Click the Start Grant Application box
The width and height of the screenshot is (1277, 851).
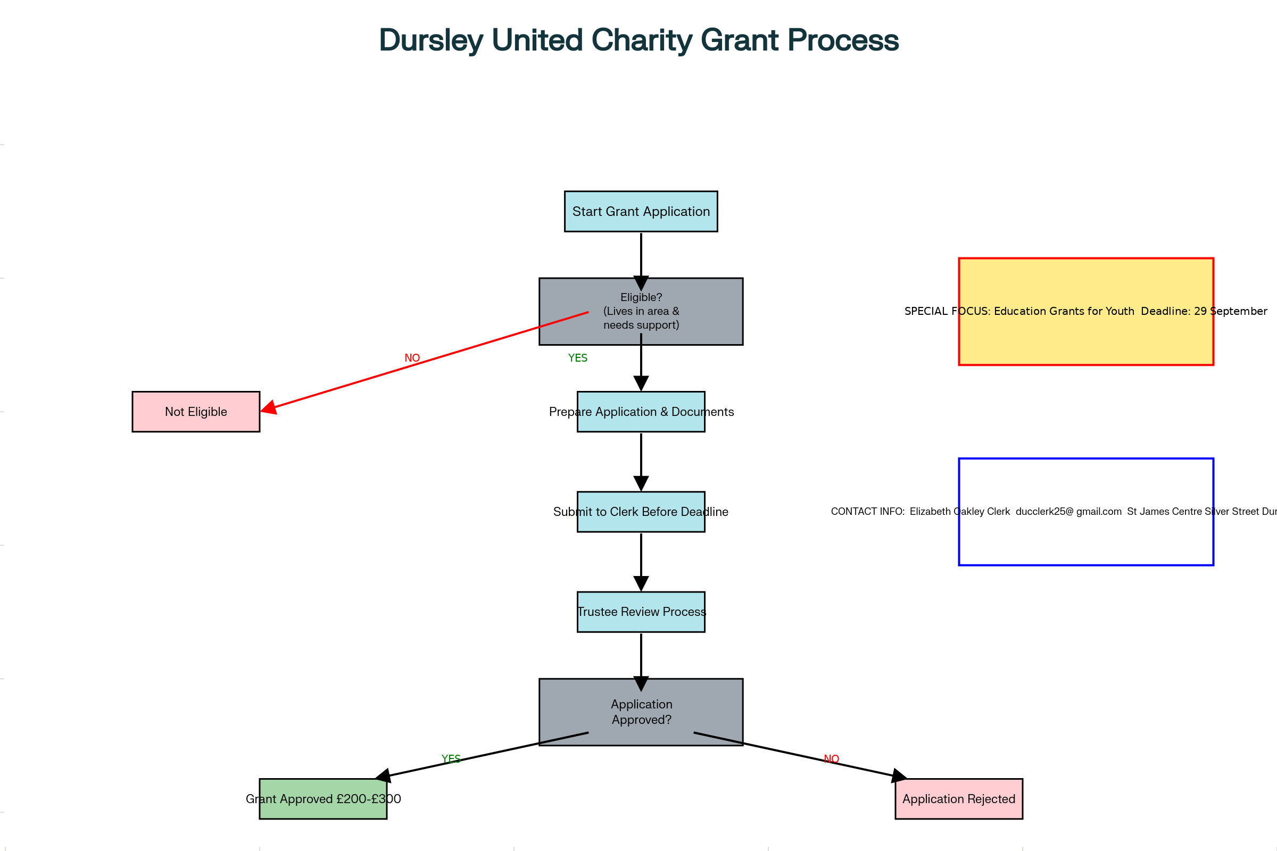pyautogui.click(x=641, y=211)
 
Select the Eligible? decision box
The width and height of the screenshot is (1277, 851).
pyautogui.click(x=641, y=311)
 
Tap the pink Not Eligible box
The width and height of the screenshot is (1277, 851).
pyautogui.click(x=195, y=411)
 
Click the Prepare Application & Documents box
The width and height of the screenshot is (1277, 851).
pyautogui.click(x=641, y=411)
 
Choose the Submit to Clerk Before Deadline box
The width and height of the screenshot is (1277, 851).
pyautogui.click(x=641, y=511)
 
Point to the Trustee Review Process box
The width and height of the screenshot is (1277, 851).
pyautogui.click(x=641, y=612)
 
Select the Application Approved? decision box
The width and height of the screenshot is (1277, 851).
pyautogui.click(x=641, y=712)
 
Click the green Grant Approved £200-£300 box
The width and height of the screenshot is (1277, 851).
pyautogui.click(x=323, y=798)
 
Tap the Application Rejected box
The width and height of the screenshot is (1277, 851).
pyautogui.click(x=958, y=798)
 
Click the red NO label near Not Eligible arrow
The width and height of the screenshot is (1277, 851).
pyautogui.click(x=412, y=357)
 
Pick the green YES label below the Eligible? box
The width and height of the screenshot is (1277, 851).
pyautogui.click(x=577, y=357)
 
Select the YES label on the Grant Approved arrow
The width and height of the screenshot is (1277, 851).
pyautogui.click(x=451, y=758)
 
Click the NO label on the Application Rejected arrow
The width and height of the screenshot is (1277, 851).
pyautogui.click(x=831, y=758)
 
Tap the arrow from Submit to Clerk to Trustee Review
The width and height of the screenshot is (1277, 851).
pyautogui.click(x=641, y=561)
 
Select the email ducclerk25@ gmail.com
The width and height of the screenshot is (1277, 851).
pyautogui.click(x=1068, y=511)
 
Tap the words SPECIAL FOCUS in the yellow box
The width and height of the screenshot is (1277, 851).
pyautogui.click(x=947, y=311)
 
